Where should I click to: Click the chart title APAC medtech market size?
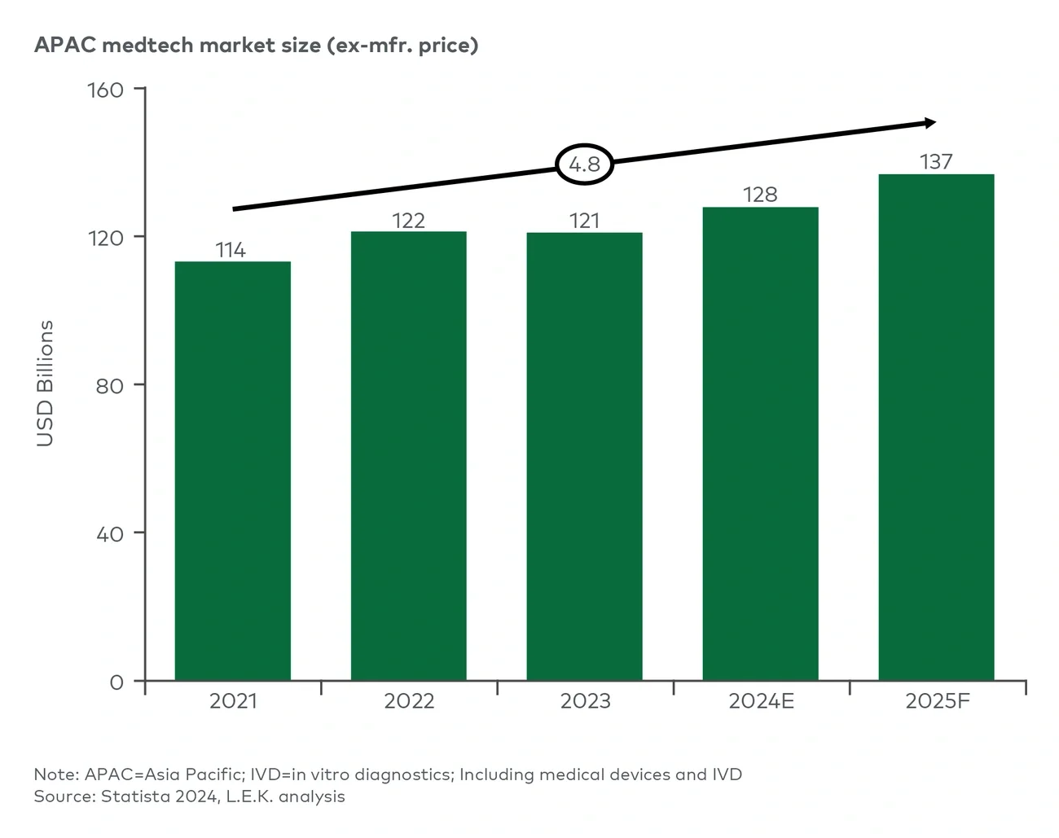tap(256, 45)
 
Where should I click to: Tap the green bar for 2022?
tap(408, 456)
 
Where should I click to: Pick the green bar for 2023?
tap(584, 456)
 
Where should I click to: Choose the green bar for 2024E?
tap(760, 444)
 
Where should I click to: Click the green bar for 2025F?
tap(936, 428)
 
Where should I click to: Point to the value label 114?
tap(231, 250)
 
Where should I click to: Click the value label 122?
tap(408, 221)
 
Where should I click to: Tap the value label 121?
tap(584, 221)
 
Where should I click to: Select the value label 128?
tap(760, 195)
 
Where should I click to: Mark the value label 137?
tap(936, 162)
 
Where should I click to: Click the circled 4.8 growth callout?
tap(584, 165)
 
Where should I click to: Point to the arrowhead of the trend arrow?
tap(929, 123)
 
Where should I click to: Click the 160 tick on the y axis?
tap(106, 90)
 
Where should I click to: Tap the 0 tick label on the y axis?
tap(116, 682)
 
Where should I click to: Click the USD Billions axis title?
tap(46, 383)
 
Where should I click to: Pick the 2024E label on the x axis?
tap(761, 701)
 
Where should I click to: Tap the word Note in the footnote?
tap(55, 774)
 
